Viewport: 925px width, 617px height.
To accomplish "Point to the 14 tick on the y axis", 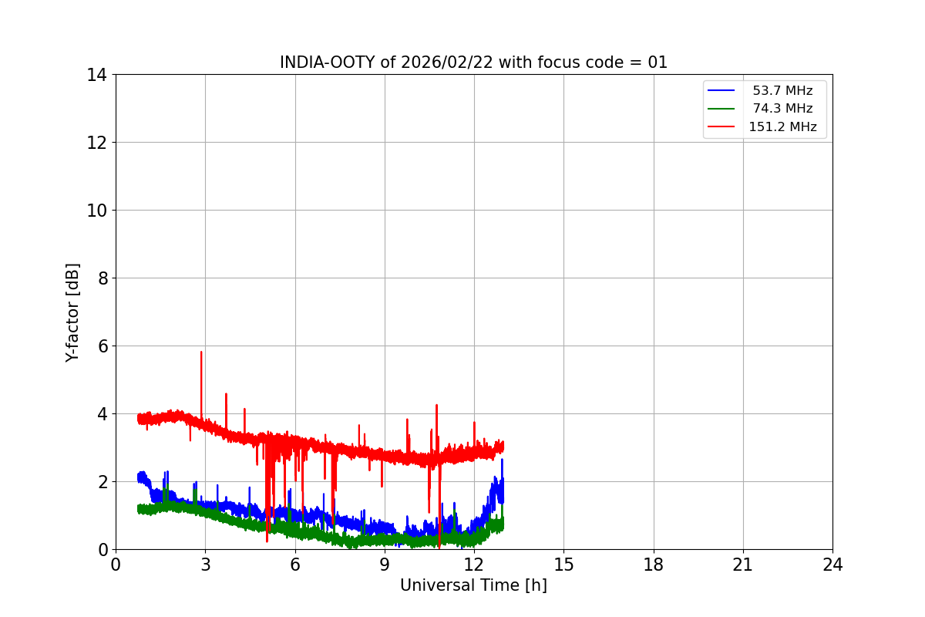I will (97, 75).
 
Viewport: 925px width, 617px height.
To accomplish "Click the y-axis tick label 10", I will (97, 211).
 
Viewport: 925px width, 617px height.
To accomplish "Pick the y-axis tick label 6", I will (102, 346).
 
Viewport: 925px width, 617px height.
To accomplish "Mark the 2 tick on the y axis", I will (102, 482).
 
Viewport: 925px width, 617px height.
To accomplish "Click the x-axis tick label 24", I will (832, 565).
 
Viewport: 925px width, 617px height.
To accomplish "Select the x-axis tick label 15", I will (563, 565).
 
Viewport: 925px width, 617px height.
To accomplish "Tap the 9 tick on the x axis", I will (385, 565).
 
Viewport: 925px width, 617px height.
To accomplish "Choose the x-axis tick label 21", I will (743, 565).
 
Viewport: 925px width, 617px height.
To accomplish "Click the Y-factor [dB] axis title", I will (72, 312).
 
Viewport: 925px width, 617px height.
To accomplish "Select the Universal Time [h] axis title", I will (473, 586).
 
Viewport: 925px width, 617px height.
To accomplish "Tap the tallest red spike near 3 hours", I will (201, 352).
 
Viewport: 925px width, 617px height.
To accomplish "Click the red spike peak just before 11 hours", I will (436, 405).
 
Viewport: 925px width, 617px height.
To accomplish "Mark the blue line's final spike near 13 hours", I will (502, 460).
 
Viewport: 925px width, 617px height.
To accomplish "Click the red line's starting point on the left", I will (139, 418).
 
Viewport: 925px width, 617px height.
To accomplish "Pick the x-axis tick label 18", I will (654, 565).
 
